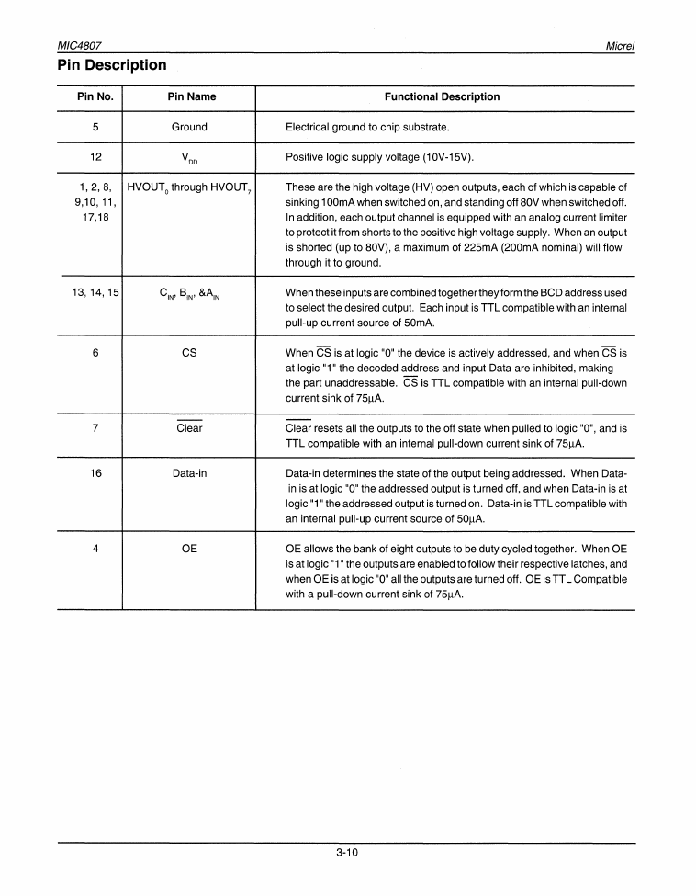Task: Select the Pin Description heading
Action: click(112, 65)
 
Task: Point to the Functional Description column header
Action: click(442, 96)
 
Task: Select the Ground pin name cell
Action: click(189, 127)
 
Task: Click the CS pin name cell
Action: click(189, 352)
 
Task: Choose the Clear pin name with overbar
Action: click(189, 427)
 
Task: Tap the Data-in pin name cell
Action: click(189, 473)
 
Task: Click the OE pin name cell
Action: click(189, 549)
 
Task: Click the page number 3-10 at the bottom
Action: click(346, 852)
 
